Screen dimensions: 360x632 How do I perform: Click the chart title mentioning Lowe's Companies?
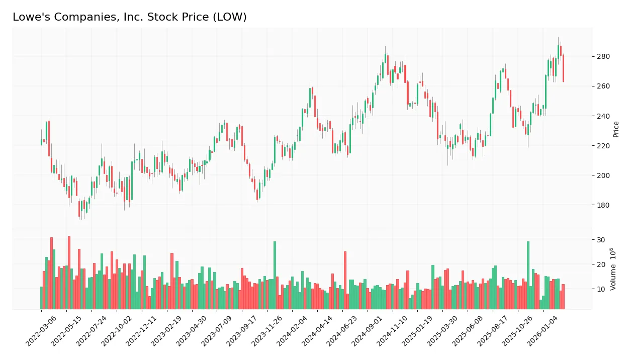(x=129, y=17)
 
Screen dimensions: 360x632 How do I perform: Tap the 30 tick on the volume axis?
(x=601, y=240)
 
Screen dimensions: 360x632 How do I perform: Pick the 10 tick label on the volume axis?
(x=601, y=289)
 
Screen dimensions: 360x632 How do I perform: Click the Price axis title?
(x=616, y=129)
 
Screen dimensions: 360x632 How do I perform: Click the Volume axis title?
(x=614, y=269)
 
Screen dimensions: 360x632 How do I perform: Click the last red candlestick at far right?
(x=563, y=68)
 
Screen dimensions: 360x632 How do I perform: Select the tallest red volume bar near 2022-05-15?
(x=69, y=273)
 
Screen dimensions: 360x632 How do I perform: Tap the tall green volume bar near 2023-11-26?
(x=275, y=275)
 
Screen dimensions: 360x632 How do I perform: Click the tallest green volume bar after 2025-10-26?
(x=528, y=275)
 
